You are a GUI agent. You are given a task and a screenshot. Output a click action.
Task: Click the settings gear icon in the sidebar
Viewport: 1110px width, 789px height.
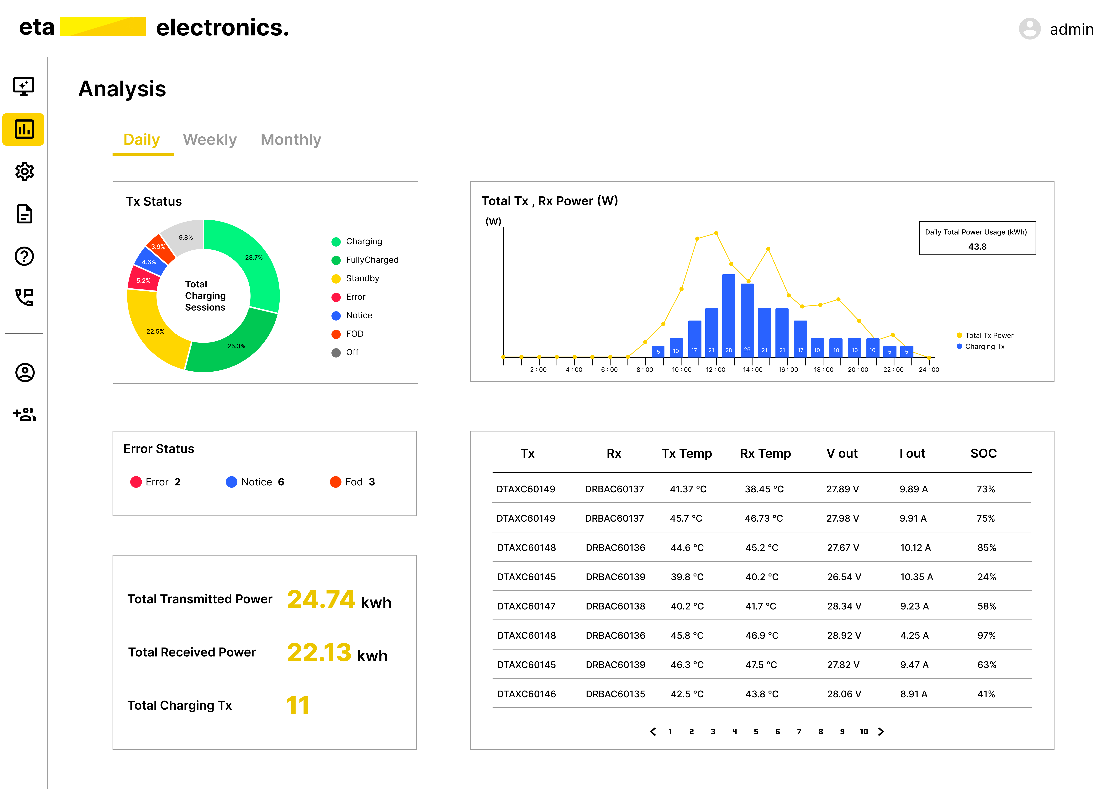[x=24, y=171]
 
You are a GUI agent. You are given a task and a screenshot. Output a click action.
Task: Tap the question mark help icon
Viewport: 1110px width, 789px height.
[x=24, y=256]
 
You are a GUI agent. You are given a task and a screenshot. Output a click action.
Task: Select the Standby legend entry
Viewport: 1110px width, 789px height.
[x=362, y=278]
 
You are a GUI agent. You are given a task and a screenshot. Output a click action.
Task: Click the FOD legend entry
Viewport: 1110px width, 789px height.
[x=354, y=334]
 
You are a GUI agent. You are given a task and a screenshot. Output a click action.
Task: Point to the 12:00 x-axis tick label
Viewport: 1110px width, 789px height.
[x=715, y=370]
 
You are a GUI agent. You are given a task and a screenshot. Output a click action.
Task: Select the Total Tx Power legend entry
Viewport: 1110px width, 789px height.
[x=989, y=335]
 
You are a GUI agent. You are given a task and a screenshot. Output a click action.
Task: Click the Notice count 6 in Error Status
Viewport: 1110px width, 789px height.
[x=281, y=482]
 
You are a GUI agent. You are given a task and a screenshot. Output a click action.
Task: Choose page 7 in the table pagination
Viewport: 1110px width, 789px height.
[x=799, y=732]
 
